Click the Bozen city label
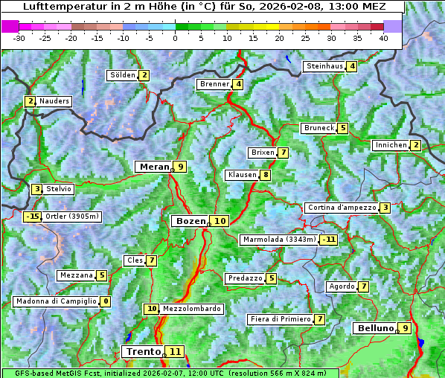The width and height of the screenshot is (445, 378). pos(190,221)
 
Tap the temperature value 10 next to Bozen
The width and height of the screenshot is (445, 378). pos(220,221)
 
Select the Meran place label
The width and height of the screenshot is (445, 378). pos(155,167)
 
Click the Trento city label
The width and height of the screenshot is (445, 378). pos(144,351)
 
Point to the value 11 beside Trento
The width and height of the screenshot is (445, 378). pos(175,351)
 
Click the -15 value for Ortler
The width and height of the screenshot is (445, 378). pos(32,217)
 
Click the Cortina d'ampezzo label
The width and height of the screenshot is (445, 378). pos(341,208)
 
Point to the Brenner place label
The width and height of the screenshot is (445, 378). pos(214,84)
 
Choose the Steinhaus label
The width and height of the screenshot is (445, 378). pos(324,66)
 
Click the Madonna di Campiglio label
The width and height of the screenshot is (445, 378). pos(56,301)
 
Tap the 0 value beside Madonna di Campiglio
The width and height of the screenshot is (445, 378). pos(105,301)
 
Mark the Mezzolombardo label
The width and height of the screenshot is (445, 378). pos(191,309)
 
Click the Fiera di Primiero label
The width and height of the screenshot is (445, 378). pos(280,319)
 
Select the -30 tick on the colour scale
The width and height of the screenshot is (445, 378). pos(19,37)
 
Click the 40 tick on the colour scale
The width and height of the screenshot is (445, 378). pos(383,37)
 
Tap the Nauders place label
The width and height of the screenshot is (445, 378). pos(54,101)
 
